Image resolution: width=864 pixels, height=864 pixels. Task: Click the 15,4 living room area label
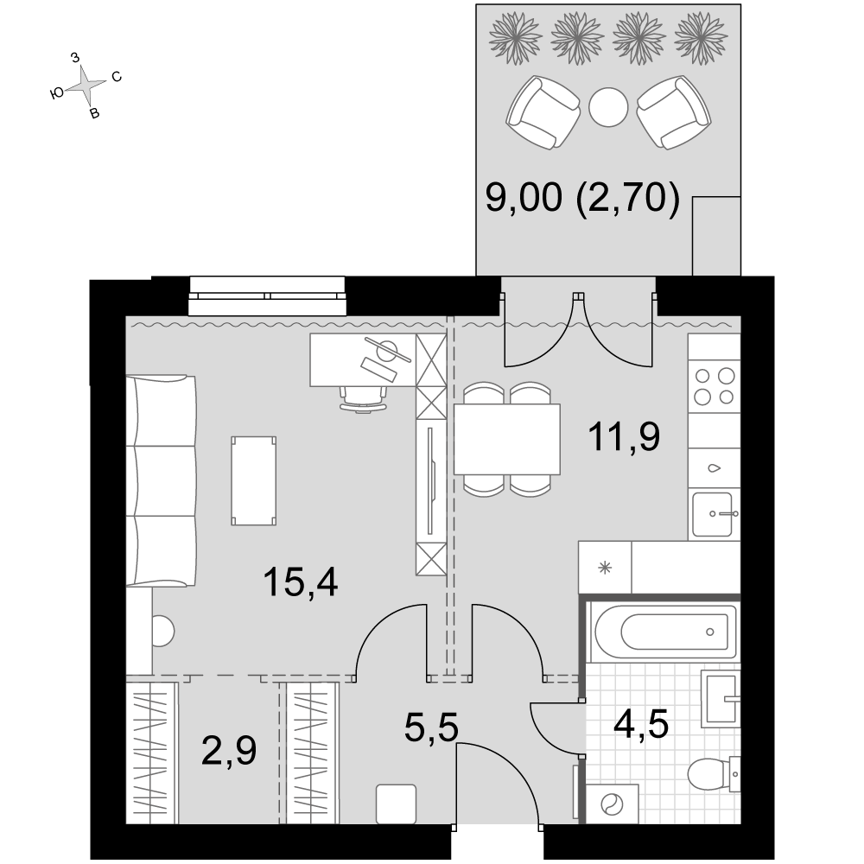(x=301, y=583)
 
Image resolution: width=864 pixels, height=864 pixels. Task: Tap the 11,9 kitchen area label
(x=624, y=437)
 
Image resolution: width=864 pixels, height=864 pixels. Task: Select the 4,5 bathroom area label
(x=641, y=724)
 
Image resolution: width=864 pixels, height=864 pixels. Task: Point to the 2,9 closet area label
(x=229, y=752)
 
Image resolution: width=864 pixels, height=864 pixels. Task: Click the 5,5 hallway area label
(x=431, y=727)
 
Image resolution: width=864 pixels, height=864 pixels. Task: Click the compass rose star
(x=86, y=86)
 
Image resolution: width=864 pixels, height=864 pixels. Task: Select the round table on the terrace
(x=608, y=107)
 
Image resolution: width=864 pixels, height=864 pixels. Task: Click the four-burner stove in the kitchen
(x=715, y=386)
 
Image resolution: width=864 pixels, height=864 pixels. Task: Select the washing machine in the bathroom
(x=612, y=804)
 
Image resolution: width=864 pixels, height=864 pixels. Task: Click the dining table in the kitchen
(x=507, y=439)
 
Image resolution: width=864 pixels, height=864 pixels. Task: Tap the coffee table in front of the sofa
(x=253, y=480)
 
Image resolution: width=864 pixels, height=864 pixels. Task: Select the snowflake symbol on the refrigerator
(x=605, y=568)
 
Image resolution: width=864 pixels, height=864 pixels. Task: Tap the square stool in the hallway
(x=396, y=804)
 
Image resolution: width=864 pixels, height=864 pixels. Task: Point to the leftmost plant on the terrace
(x=515, y=39)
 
